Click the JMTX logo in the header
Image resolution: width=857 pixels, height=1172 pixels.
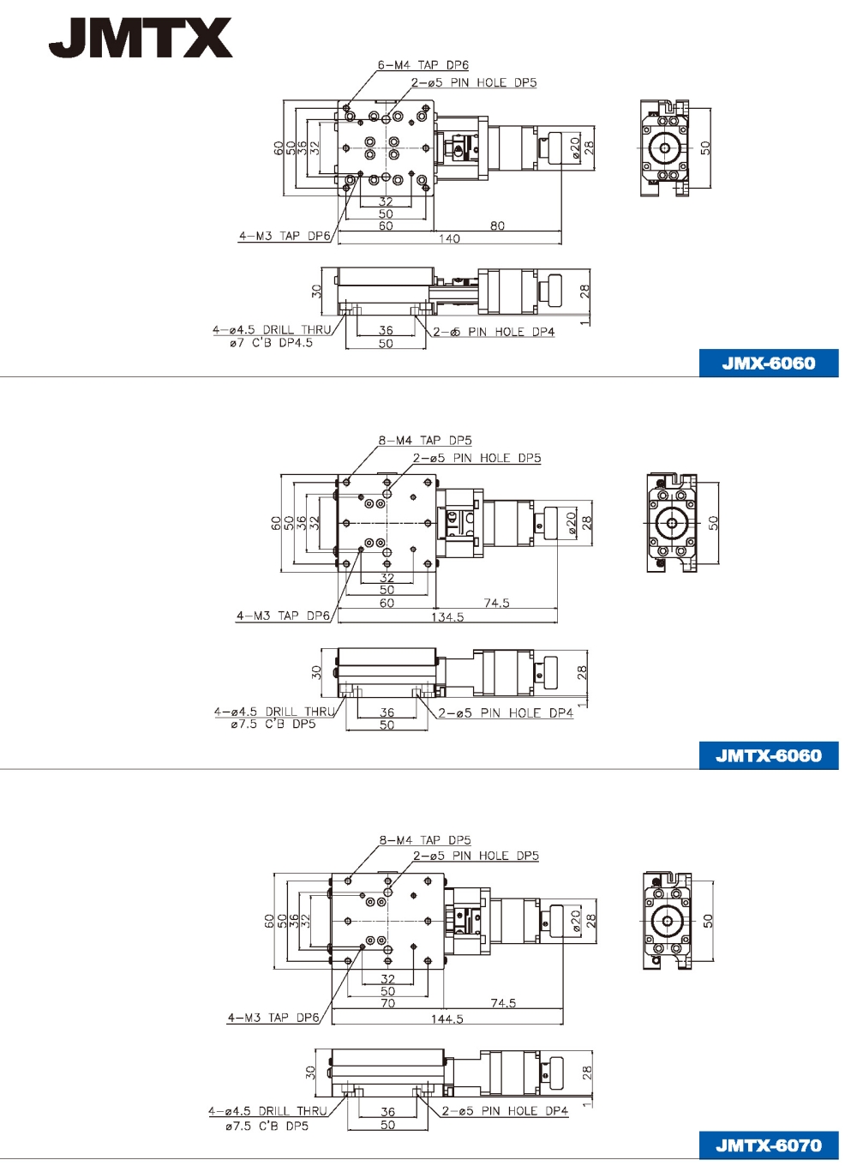141,37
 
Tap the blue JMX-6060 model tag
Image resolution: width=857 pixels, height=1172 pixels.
768,364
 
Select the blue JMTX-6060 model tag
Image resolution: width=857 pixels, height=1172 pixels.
768,755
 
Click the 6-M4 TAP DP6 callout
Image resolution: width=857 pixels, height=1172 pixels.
423,65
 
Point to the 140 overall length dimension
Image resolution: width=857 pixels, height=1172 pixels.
449,238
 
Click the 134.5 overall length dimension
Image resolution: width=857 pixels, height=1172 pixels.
447,617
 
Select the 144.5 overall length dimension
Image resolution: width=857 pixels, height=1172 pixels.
447,1019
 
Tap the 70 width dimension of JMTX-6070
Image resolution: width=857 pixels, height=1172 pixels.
387,1003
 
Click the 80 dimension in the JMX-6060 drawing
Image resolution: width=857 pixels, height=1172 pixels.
497,225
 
